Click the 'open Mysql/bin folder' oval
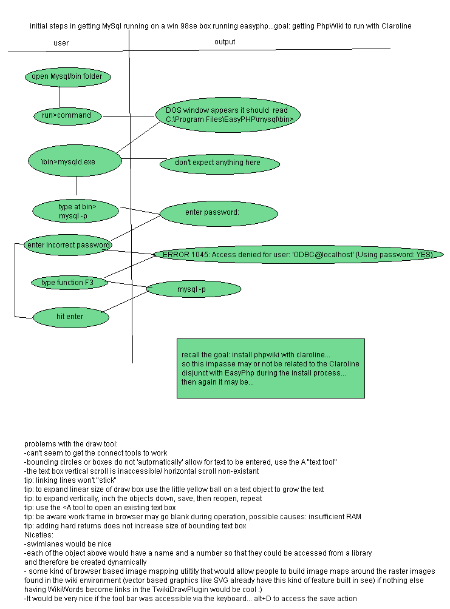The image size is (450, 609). click(x=67, y=76)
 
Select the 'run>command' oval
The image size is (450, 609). click(x=67, y=115)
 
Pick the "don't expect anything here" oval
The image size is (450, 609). click(x=219, y=163)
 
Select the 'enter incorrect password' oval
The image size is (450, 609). click(x=68, y=245)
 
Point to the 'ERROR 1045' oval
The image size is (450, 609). click(x=298, y=255)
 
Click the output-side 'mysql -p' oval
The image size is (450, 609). click(x=194, y=289)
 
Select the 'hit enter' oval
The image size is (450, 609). click(x=70, y=317)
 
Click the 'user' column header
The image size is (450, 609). click(x=61, y=43)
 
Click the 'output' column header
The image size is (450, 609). click(x=225, y=42)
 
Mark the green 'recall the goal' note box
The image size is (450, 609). click(x=270, y=368)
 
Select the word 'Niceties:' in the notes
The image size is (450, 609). click(x=39, y=536)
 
